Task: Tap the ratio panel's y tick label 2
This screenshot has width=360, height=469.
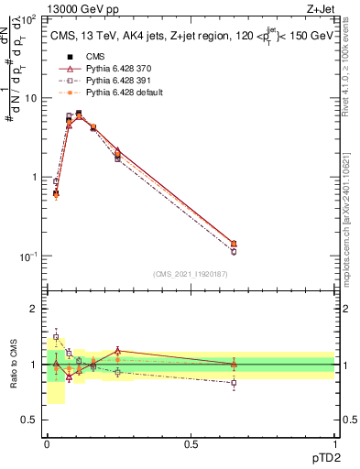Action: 33,309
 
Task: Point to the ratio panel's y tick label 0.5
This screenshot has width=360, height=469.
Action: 28,420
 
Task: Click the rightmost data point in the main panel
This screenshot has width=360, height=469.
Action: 234,245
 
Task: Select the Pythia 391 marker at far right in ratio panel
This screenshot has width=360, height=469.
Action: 234,383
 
